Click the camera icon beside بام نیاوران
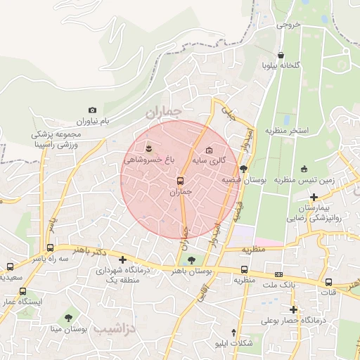(x=92, y=110)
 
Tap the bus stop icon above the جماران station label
(x=181, y=181)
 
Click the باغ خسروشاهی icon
(x=148, y=148)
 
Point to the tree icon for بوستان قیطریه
(x=243, y=169)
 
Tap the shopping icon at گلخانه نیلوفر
(x=281, y=55)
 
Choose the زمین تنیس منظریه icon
(x=304, y=169)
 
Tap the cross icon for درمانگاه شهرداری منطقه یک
(x=123, y=259)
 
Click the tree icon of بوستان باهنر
(x=191, y=261)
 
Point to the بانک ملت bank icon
(x=279, y=274)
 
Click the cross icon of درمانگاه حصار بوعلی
(x=293, y=309)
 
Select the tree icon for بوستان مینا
(x=68, y=318)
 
